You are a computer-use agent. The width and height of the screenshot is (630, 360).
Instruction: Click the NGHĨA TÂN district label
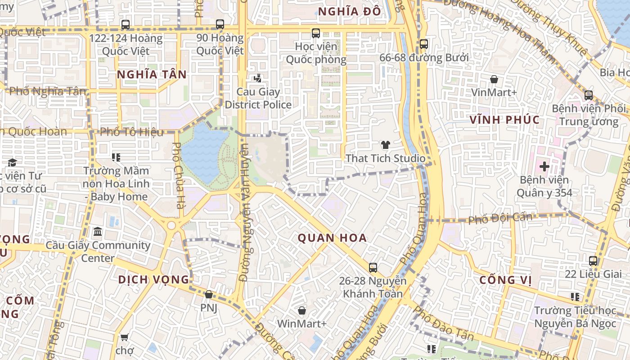[x=152, y=75]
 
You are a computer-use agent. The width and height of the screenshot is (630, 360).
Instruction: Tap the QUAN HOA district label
[x=332, y=238]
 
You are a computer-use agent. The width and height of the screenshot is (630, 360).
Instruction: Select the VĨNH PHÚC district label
[x=504, y=120]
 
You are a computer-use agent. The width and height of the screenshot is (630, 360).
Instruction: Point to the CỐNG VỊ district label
[x=505, y=280]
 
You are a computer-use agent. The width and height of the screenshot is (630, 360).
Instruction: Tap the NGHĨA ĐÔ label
[x=350, y=12]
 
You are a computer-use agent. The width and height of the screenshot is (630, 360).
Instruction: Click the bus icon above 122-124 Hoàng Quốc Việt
[x=126, y=25]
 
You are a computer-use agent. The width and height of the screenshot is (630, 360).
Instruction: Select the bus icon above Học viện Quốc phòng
[x=316, y=33]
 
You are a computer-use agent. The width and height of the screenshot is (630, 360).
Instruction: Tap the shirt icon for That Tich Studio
[x=385, y=145]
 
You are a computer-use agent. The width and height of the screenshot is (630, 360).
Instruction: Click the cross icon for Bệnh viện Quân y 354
[x=544, y=166]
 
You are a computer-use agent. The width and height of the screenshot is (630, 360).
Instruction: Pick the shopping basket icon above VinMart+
[x=494, y=80]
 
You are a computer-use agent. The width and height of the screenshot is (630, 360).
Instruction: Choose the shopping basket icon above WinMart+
[x=301, y=310]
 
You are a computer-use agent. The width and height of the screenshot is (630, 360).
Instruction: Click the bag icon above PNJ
[x=208, y=295]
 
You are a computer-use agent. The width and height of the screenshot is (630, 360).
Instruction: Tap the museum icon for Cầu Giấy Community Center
[x=98, y=232]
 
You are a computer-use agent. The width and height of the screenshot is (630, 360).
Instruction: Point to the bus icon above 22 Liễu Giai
[x=593, y=261]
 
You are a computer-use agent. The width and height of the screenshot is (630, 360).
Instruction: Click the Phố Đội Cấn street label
[x=500, y=219]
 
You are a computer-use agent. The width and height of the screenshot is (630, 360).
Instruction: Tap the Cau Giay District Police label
[x=258, y=99]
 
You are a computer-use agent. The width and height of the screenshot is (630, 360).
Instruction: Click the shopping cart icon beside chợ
[x=125, y=337]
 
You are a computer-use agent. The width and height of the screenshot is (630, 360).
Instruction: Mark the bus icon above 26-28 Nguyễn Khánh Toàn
[x=373, y=268]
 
